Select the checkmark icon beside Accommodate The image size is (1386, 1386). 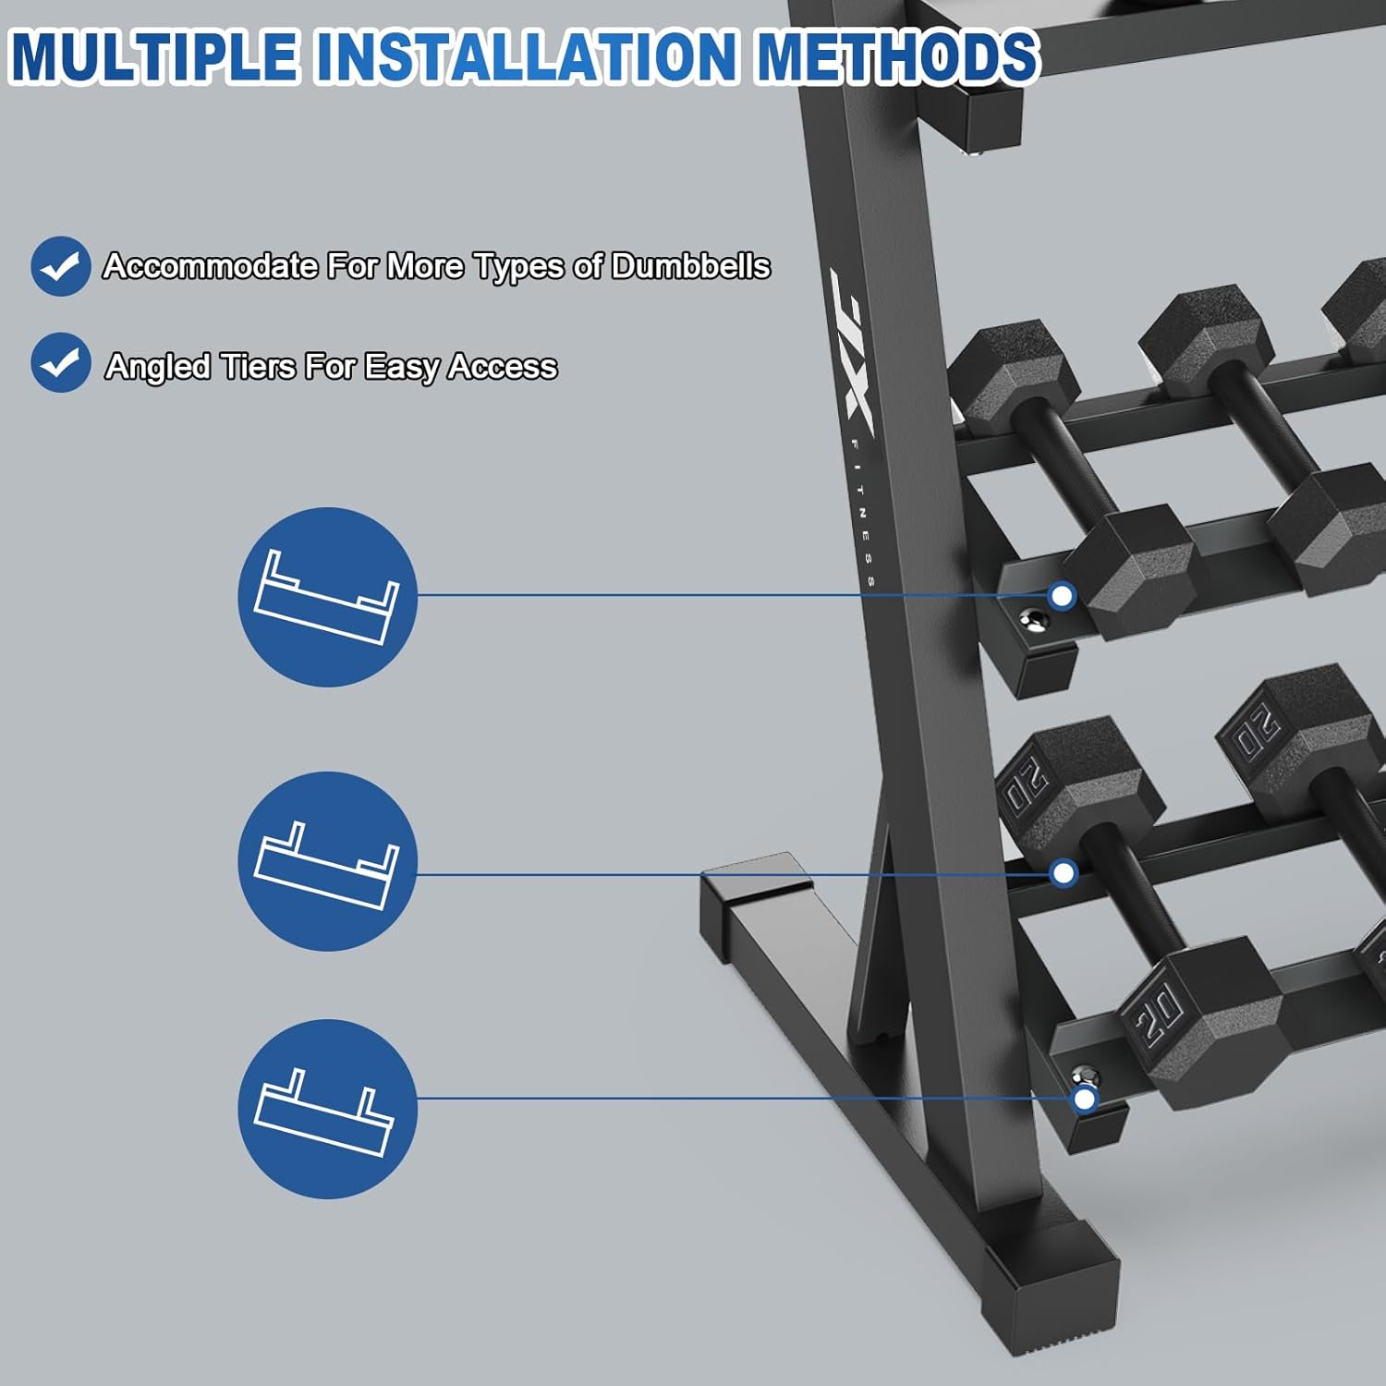tap(61, 266)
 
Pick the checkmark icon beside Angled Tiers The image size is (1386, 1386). tap(61, 362)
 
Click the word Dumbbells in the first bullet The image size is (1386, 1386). tap(690, 266)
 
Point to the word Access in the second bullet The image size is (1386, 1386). tap(503, 367)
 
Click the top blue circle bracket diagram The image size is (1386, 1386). tap(328, 597)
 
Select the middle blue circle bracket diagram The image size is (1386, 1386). tap(328, 861)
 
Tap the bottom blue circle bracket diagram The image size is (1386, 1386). tap(328, 1109)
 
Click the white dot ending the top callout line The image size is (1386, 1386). tap(1063, 596)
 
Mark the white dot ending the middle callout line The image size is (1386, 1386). tap(1064, 872)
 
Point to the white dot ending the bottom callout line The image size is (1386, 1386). tap(1084, 1099)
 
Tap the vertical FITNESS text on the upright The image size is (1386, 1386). tap(865, 513)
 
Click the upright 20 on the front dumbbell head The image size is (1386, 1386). tap(1159, 1013)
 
